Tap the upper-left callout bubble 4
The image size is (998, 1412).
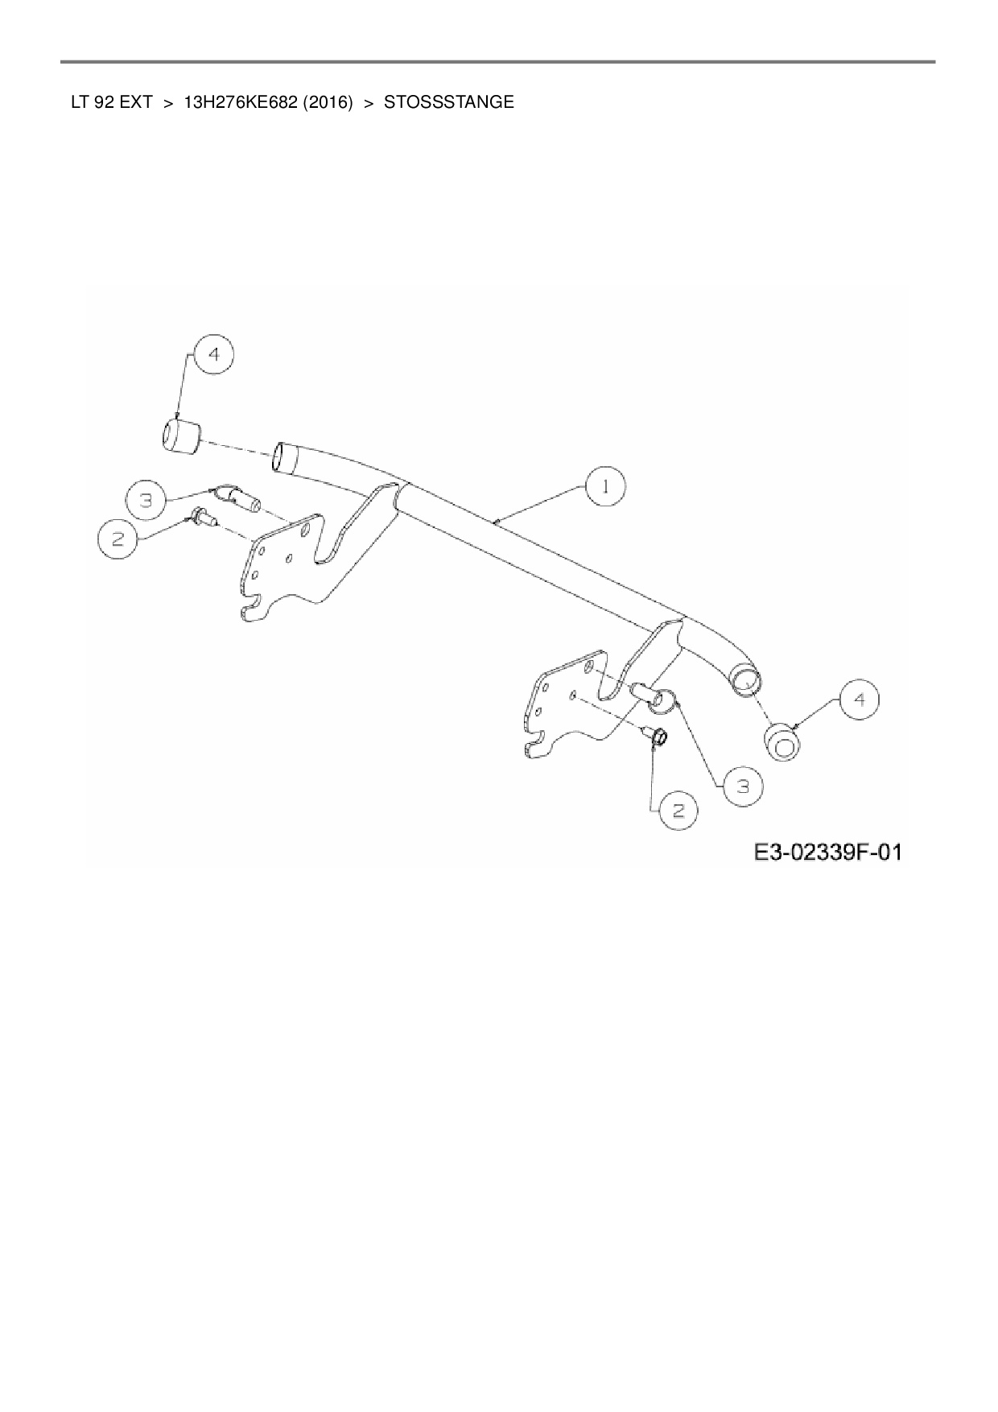point(212,355)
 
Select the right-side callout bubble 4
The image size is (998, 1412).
point(860,700)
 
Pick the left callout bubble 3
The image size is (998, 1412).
point(146,501)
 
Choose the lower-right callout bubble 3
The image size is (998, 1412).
point(743,787)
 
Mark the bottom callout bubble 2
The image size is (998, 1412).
point(678,810)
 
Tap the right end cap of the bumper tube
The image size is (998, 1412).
point(782,741)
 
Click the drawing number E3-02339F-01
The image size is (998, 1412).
point(827,852)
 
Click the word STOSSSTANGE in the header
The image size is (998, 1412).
point(448,103)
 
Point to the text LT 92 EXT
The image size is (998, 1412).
point(111,103)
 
